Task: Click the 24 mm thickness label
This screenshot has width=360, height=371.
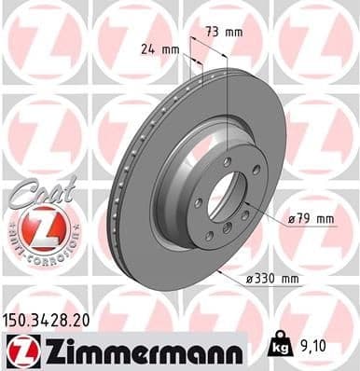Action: coord(159,47)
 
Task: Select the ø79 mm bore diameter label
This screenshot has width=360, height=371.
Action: coord(311,219)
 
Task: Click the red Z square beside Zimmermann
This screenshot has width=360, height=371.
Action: coord(18,350)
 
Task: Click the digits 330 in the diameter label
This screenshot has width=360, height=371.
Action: coord(272,278)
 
